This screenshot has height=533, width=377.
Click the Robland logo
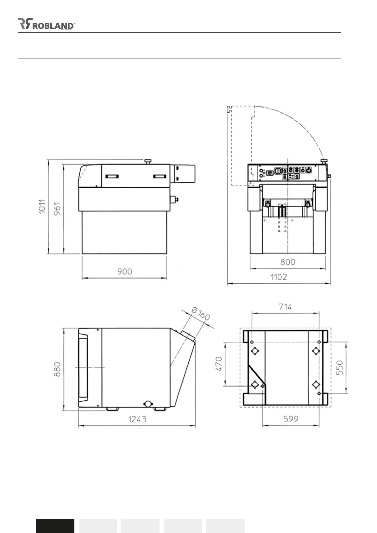(47, 24)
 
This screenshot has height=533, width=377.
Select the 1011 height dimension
(42, 207)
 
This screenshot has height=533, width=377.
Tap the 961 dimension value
(57, 209)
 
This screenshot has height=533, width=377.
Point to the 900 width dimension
(125, 272)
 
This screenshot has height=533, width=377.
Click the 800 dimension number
(288, 262)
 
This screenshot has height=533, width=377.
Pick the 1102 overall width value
(279, 277)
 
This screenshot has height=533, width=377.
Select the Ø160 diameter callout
(201, 314)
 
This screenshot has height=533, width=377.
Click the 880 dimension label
(57, 369)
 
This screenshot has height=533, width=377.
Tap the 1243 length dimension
(137, 419)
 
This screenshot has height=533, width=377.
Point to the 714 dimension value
(285, 306)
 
